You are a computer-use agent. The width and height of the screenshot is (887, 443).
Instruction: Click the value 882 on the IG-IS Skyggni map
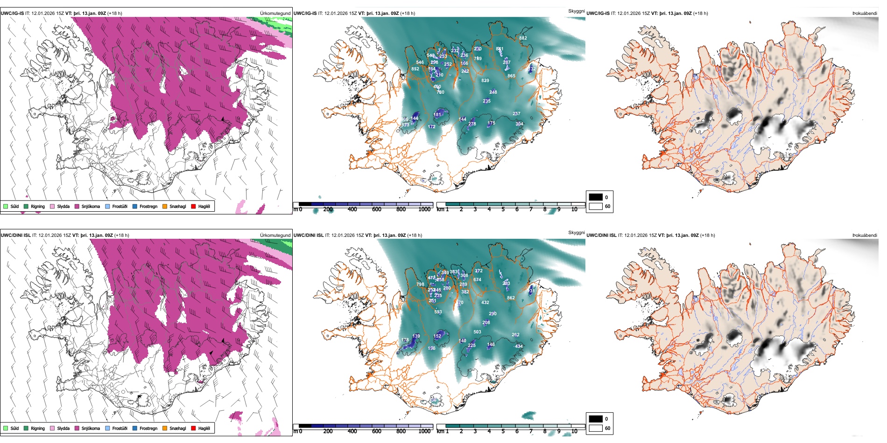(523, 38)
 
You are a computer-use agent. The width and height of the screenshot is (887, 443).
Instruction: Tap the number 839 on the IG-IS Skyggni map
(485, 81)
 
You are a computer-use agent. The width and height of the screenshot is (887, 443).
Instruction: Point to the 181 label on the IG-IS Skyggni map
(437, 115)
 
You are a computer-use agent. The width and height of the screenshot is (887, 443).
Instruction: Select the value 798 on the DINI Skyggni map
(420, 284)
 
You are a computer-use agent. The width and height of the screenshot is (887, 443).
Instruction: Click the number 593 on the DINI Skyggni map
(438, 312)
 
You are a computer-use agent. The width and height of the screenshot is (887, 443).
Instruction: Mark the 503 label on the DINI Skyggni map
(477, 332)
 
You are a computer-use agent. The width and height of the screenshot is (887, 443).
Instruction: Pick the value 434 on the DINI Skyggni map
(519, 346)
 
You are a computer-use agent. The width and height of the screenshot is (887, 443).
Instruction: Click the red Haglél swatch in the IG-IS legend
(193, 207)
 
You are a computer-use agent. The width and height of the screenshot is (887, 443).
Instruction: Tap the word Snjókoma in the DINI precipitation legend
(91, 429)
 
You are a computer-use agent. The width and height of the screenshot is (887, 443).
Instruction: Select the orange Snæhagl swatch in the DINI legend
(165, 429)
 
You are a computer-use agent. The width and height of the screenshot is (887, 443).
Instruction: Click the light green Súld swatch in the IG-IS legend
(6, 207)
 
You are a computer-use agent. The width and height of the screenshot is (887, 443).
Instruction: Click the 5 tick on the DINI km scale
(503, 431)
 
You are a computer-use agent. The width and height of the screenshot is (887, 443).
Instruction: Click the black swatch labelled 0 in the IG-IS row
(596, 197)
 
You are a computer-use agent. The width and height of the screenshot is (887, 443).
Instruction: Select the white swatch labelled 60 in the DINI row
(596, 428)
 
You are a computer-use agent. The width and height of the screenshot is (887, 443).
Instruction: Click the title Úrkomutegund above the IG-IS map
(275, 14)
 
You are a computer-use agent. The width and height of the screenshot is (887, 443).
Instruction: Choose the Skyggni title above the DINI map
(576, 233)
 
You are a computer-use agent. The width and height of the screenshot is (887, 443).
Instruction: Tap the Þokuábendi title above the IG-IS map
(865, 14)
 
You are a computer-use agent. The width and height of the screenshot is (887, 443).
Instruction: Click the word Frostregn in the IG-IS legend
(148, 207)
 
